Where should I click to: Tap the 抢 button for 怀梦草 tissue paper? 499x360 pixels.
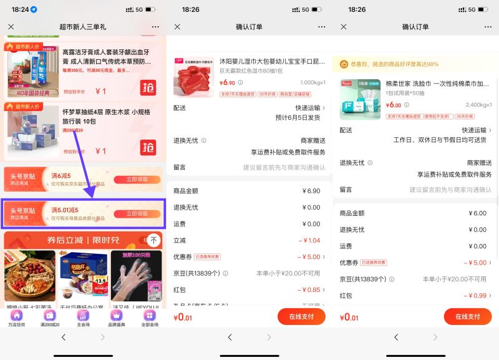coord(148,147)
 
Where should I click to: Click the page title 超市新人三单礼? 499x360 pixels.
coord(83,27)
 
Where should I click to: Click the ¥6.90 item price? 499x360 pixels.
coord(228,82)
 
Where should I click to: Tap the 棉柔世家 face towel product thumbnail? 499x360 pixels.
coord(360,99)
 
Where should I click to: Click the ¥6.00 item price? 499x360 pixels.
coord(394,105)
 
